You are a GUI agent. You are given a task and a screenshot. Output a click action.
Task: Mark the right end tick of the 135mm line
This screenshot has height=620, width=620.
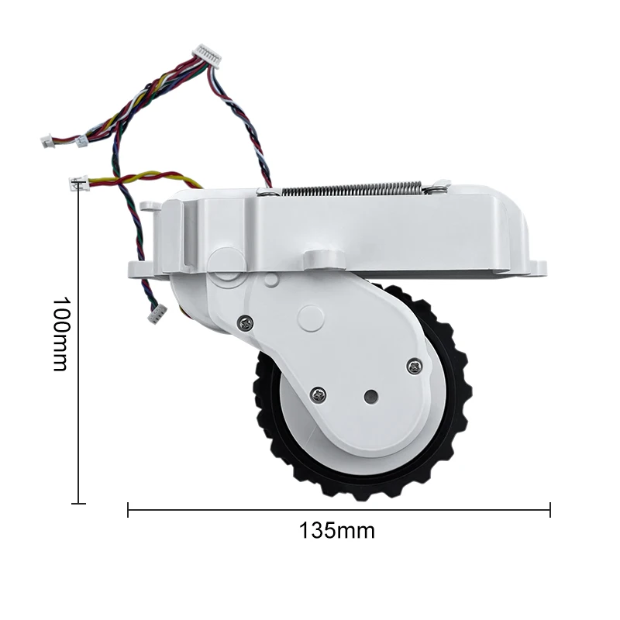[549, 509]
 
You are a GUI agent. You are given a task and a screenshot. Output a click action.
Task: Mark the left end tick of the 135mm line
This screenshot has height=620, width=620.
[128, 509]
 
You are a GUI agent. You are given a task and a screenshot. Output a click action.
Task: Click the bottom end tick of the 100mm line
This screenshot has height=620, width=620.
[77, 504]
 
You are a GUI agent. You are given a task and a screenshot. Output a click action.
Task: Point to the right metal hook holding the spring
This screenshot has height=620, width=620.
[439, 186]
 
